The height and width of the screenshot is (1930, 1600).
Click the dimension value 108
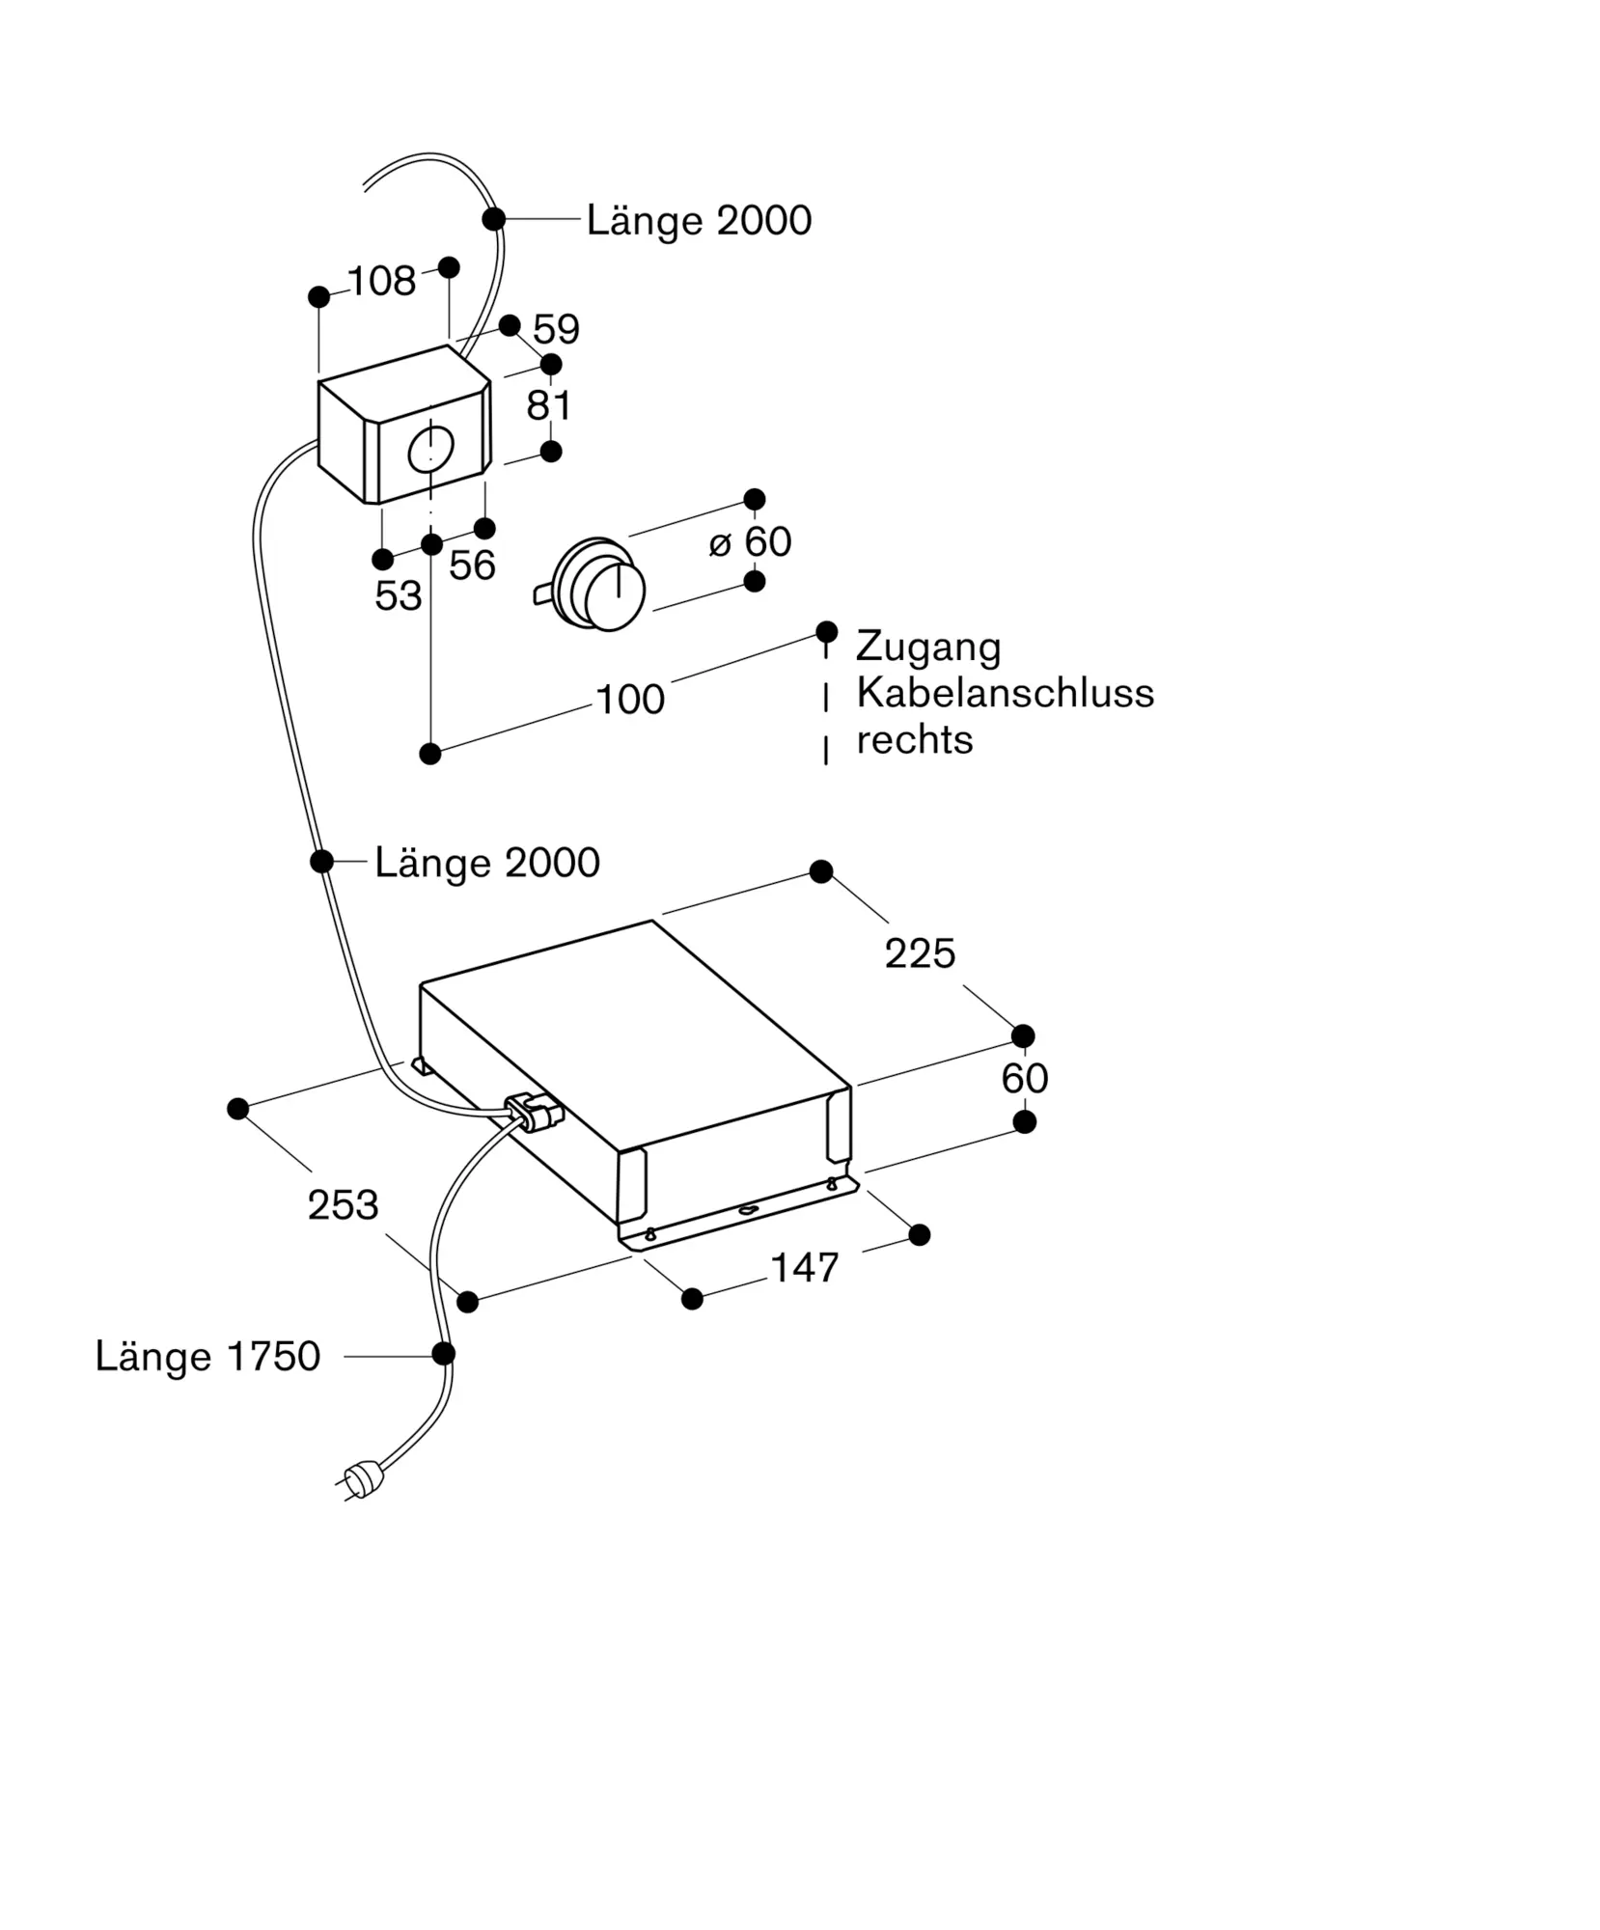[x=381, y=281]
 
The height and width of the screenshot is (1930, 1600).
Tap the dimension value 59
[x=556, y=329]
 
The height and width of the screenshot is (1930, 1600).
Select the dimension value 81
[x=549, y=405]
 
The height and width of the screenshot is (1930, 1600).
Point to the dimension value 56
[x=472, y=565]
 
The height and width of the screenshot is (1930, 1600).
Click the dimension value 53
[x=399, y=595]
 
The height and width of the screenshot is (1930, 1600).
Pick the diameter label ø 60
[x=750, y=541]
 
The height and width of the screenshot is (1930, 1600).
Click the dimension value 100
[x=630, y=699]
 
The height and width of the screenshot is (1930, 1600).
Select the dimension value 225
[x=920, y=953]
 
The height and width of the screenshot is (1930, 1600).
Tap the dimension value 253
[x=343, y=1204]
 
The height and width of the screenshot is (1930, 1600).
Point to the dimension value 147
[x=805, y=1267]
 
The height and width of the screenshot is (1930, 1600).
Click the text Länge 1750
[x=207, y=1356]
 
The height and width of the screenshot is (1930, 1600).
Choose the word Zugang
[x=928, y=648]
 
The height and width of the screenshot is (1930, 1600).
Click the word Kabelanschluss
[x=1006, y=693]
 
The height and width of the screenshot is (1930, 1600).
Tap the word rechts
[x=915, y=740]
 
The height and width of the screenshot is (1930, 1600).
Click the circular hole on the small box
[x=430, y=449]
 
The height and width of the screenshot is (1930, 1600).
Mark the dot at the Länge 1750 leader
[x=443, y=1353]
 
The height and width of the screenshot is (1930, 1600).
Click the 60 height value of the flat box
[x=1024, y=1078]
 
